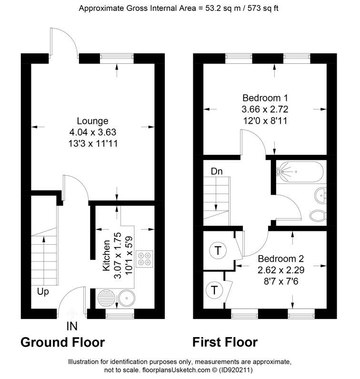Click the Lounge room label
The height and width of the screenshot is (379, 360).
click(92, 121)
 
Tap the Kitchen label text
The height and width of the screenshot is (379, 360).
click(106, 256)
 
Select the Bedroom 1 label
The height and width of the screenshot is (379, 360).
click(265, 98)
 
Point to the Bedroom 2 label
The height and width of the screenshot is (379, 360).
click(280, 259)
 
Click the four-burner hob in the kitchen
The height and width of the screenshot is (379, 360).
click(144, 259)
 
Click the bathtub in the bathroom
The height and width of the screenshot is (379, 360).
click(300, 172)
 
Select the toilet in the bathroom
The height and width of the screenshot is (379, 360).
click(318, 216)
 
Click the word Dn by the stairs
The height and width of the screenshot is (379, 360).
click(217, 171)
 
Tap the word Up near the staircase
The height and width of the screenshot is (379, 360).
click(43, 292)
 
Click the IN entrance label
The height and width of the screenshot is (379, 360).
click(72, 326)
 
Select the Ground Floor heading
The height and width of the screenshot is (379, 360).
click(63, 342)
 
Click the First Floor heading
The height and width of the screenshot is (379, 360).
click(225, 342)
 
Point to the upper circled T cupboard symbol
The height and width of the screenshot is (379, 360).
click(218, 250)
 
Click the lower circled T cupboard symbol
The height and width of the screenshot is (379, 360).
click(214, 290)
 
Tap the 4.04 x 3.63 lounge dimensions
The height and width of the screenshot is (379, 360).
click(93, 132)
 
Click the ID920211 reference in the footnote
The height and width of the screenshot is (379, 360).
click(236, 370)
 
